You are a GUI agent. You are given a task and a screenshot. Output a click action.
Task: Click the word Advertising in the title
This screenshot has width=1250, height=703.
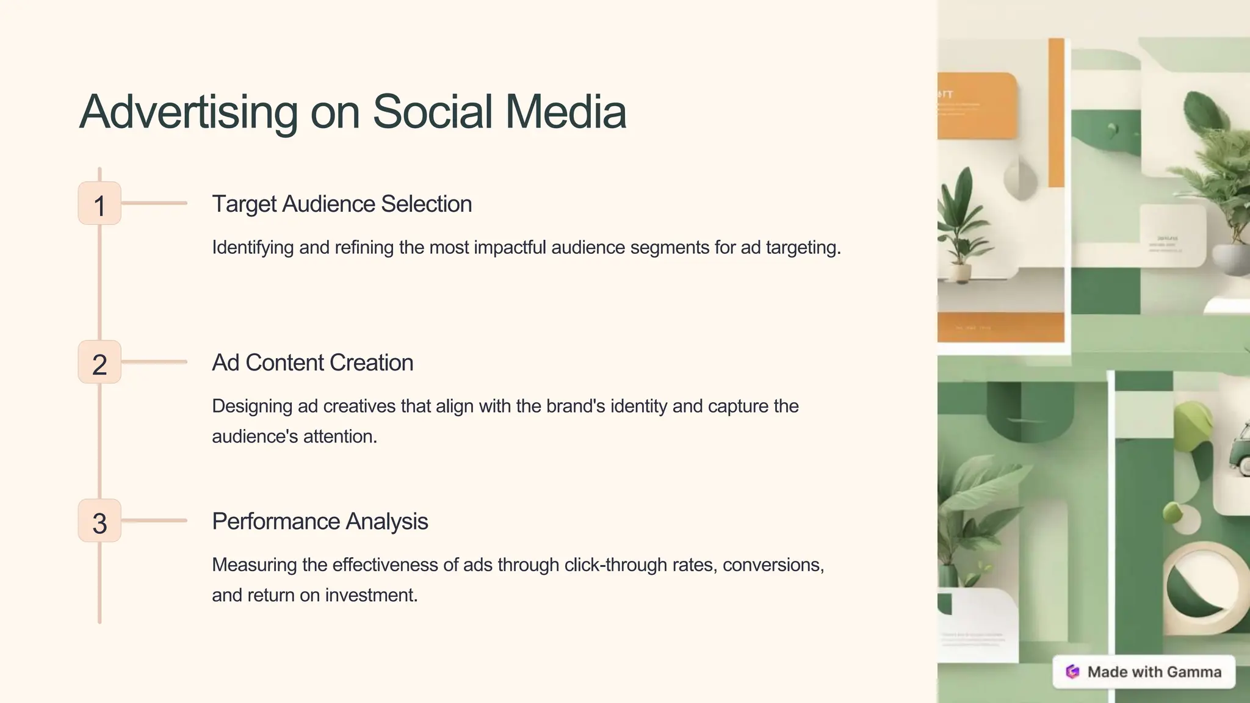click(x=188, y=112)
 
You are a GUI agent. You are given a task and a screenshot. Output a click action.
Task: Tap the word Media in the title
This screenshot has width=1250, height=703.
click(x=565, y=112)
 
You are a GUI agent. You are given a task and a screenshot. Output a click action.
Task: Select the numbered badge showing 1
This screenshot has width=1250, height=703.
click(x=99, y=204)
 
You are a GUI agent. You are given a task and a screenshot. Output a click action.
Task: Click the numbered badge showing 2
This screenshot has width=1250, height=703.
click(x=99, y=362)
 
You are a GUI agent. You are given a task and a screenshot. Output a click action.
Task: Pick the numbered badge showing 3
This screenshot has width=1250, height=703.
click(x=99, y=521)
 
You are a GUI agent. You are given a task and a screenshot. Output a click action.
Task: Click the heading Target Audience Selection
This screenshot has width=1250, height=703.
click(x=342, y=204)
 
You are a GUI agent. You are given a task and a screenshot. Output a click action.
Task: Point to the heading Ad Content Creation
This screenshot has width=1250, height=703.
click(x=312, y=362)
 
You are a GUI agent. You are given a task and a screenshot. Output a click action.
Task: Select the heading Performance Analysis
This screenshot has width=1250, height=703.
click(x=320, y=521)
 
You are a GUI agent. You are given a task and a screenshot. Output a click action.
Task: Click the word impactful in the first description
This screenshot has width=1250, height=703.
click(x=510, y=247)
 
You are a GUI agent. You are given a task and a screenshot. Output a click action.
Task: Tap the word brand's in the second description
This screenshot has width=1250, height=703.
click(x=575, y=406)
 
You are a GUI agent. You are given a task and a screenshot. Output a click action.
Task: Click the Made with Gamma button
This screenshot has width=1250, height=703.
click(x=1144, y=672)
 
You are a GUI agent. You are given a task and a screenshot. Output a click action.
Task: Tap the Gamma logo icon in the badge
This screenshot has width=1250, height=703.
click(x=1072, y=672)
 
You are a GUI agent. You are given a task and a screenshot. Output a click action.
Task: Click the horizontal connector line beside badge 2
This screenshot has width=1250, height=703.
click(x=154, y=362)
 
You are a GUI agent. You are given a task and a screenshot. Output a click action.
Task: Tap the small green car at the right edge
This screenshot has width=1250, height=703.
click(x=1243, y=452)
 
